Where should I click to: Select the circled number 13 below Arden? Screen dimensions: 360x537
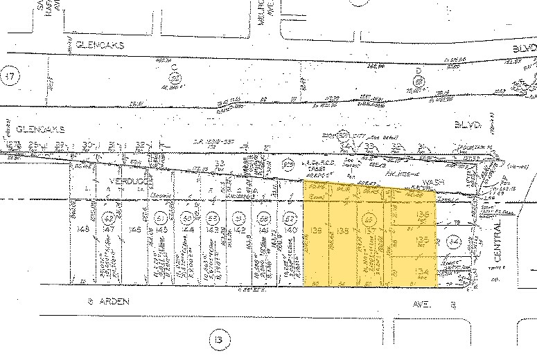point(219,340)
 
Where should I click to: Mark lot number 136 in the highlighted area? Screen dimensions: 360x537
point(422,216)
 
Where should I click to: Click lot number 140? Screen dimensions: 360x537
point(291,228)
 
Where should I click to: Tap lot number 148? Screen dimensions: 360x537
point(84,228)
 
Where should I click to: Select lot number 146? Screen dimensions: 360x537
point(136,228)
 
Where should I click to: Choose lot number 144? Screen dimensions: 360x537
point(188,228)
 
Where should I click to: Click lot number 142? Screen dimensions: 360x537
point(239,228)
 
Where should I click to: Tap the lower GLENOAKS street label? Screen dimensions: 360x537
point(39,129)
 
